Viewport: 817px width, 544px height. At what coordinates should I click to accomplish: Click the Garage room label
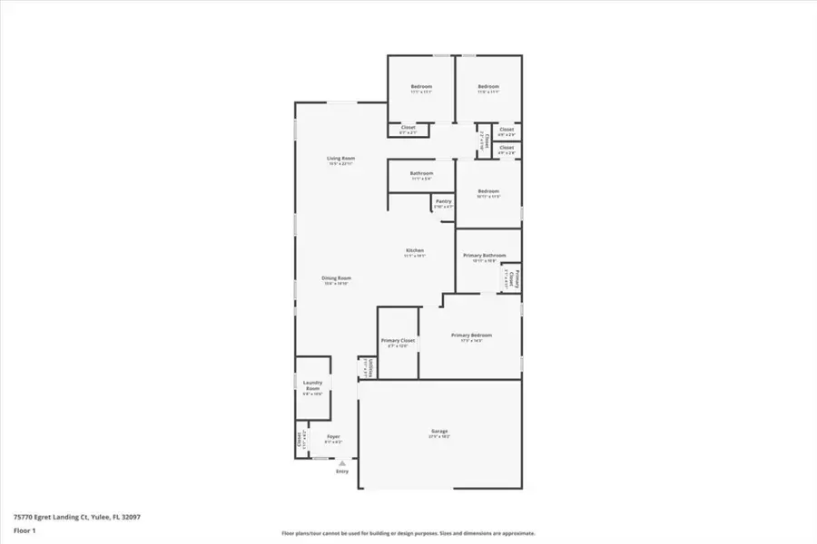tap(439, 431)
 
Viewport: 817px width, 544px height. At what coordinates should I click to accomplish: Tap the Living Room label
tap(340, 159)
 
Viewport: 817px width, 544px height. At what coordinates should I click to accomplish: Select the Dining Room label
tap(336, 278)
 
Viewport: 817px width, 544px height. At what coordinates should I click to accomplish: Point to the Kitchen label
tap(415, 251)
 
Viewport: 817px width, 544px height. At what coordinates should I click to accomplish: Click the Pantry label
tap(443, 201)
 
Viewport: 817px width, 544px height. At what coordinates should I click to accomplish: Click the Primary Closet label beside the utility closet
tap(398, 340)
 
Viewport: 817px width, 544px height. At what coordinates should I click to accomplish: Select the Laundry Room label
tap(312, 384)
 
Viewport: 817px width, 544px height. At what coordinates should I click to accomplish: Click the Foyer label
tap(333, 437)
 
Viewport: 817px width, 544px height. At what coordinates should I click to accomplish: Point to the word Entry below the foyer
tap(342, 471)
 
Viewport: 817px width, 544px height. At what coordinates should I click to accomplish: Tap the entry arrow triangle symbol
tap(342, 462)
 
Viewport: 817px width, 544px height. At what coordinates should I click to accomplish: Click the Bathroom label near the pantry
tap(421, 173)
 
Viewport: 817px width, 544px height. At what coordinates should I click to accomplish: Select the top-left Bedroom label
tap(421, 86)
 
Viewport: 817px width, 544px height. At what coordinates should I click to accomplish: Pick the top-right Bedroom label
tap(488, 86)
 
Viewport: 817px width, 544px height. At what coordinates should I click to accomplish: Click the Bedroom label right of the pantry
tap(488, 191)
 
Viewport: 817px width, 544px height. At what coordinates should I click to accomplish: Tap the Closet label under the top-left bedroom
tap(408, 128)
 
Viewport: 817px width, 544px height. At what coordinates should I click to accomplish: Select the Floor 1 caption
tap(25, 530)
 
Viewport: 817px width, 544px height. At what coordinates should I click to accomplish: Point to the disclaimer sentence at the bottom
tap(408, 533)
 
